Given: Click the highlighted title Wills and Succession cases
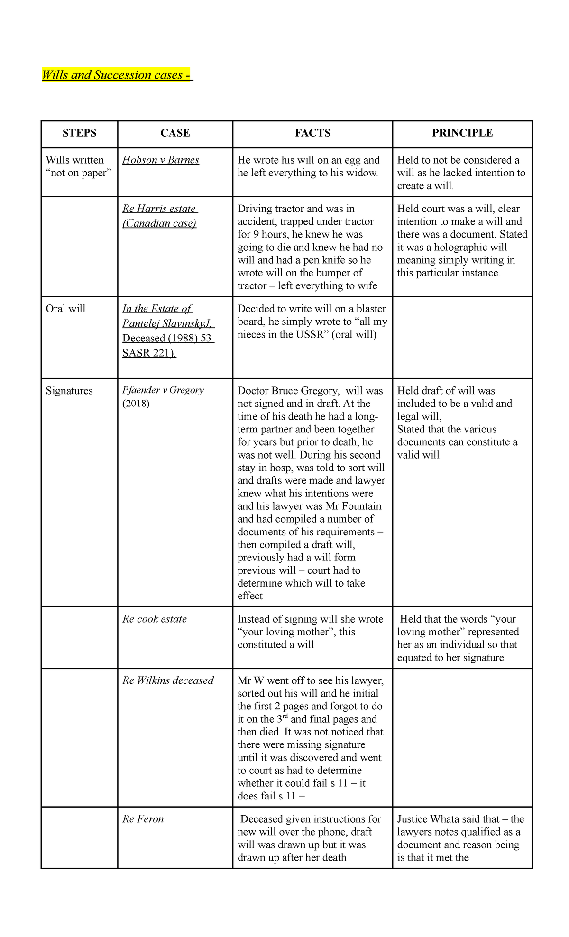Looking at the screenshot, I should (x=116, y=75).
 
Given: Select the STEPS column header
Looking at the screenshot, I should (x=79, y=133).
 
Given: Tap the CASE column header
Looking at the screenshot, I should (x=175, y=133).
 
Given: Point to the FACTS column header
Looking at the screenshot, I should (x=312, y=133).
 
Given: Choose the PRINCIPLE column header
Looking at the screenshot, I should (x=462, y=133).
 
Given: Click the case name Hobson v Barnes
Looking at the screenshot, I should (x=161, y=160).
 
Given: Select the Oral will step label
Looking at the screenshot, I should (x=65, y=309).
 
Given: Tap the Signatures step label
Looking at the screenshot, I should (x=69, y=391).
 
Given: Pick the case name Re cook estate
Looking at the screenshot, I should (x=155, y=619).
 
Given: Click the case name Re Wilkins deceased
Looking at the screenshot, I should (x=168, y=680).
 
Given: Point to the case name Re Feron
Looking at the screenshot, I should (x=143, y=819).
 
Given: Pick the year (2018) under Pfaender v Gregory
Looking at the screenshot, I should (x=136, y=404).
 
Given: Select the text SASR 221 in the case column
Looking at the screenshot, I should (x=149, y=353).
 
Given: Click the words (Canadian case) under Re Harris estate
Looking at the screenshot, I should (x=159, y=223).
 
